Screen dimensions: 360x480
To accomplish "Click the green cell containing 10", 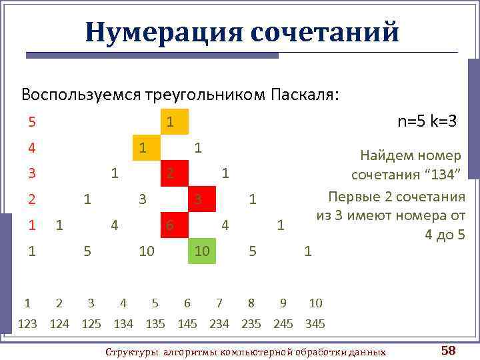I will coord(203,251).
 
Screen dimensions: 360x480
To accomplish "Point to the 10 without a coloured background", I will coord(147,251).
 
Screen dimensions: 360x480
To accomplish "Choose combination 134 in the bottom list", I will coord(123,324).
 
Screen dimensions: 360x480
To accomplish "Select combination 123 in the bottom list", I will coord(27,324).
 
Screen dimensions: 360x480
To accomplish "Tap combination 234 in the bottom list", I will coord(219,324).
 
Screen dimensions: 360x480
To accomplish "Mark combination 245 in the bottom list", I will coord(283,324).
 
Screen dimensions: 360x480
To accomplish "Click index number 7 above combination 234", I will coord(219,303).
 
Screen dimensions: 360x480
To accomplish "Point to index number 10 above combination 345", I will coord(315,303).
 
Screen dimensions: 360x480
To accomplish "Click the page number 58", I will coord(448,350).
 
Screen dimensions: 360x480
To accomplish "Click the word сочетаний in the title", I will coord(325,31).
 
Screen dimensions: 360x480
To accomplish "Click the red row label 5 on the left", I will coord(32,122).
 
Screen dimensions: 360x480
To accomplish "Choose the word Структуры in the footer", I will coord(133,351).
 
